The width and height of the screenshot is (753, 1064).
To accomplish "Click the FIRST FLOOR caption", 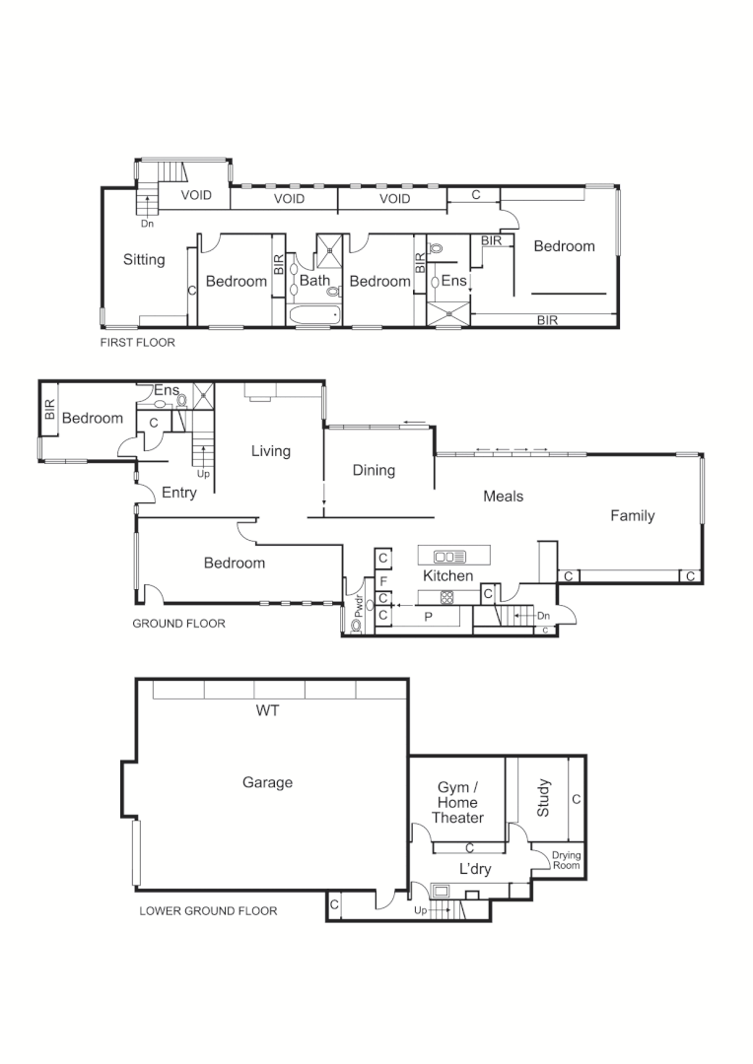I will [137, 343].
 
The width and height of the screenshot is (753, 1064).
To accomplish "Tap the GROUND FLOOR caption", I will [178, 623].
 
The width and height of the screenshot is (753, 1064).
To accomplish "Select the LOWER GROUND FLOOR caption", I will [208, 910].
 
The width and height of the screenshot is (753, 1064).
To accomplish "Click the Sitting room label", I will [144, 260].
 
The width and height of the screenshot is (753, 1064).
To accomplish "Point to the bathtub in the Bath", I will [314, 315].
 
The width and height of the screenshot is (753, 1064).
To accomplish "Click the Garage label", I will [267, 782].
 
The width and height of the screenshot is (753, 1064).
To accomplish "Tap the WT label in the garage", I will [266, 709].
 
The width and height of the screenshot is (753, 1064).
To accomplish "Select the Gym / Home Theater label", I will [457, 802].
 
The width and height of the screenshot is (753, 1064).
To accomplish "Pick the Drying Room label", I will [566, 860].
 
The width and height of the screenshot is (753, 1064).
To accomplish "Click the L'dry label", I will [474, 869].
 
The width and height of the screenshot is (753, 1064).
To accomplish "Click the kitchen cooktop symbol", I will [445, 596].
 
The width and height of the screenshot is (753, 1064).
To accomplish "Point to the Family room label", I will [632, 515].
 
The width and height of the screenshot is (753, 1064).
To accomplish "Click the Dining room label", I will [374, 470].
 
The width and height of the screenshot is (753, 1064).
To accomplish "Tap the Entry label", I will [178, 493].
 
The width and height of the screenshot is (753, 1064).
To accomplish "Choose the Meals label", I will [503, 496].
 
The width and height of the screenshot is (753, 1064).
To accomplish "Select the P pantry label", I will [427, 616].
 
